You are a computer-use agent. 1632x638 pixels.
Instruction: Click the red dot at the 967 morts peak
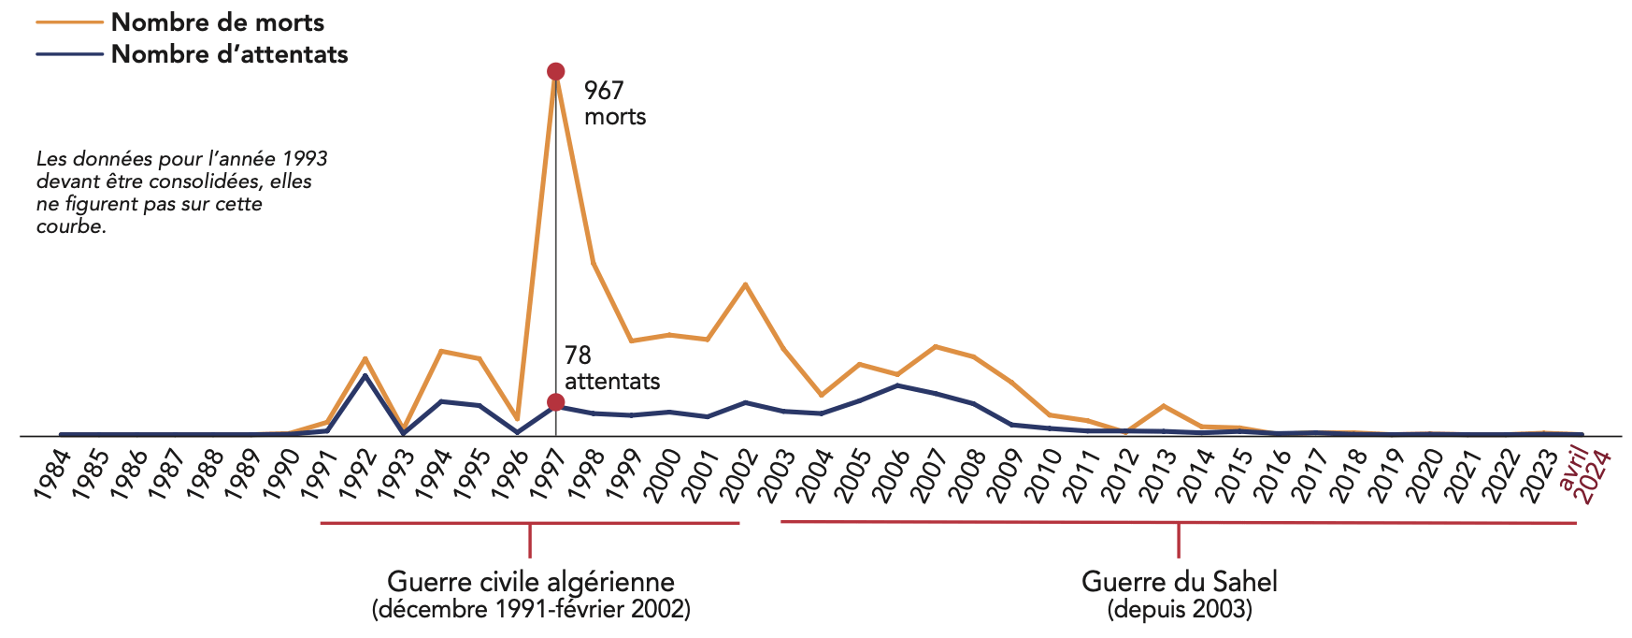pyautogui.click(x=555, y=72)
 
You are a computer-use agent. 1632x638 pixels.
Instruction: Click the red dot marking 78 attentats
pyautogui.click(x=555, y=402)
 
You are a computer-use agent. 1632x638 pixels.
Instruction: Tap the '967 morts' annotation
pyautogui.click(x=614, y=103)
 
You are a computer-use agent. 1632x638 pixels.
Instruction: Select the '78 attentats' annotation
pyautogui.click(x=611, y=368)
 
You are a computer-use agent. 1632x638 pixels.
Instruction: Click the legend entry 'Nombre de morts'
pyautogui.click(x=217, y=22)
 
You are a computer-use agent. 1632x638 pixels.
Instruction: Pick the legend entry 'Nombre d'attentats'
pyautogui.click(x=229, y=54)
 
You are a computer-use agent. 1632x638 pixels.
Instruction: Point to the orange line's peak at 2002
pyautogui.click(x=745, y=283)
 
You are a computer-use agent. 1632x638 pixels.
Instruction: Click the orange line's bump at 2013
pyautogui.click(x=1163, y=405)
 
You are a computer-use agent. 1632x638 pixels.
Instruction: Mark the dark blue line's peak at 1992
pyautogui.click(x=365, y=375)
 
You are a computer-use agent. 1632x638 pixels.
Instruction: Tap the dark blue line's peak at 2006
pyautogui.click(x=897, y=385)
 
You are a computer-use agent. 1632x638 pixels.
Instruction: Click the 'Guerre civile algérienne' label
pyautogui.click(x=530, y=581)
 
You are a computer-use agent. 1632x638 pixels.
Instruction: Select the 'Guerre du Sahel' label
pyautogui.click(x=1179, y=581)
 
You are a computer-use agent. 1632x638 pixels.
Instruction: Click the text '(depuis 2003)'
pyautogui.click(x=1179, y=610)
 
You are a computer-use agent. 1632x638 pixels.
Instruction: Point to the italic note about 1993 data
pyautogui.click(x=182, y=193)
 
